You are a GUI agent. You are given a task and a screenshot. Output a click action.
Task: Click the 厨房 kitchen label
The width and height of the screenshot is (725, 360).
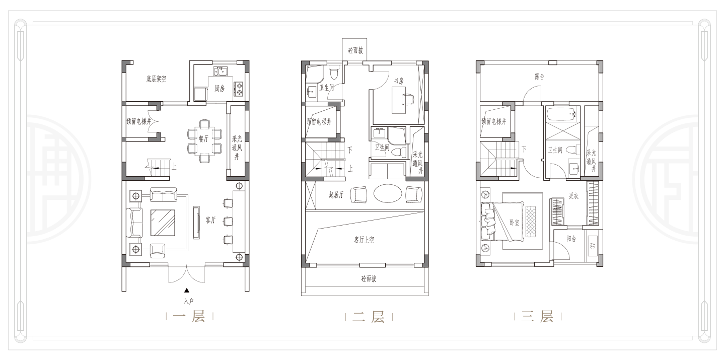[220, 88]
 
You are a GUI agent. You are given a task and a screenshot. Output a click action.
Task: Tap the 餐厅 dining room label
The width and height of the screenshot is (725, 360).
[203, 139]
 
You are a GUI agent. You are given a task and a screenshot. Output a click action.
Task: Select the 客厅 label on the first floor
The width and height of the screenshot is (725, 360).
[210, 220]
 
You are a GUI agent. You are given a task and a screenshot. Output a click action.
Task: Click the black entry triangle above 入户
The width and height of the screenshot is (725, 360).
[187, 291]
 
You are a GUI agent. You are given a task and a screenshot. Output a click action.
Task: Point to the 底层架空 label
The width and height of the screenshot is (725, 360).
[156, 79]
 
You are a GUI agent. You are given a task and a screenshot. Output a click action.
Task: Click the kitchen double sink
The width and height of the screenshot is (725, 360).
[221, 71]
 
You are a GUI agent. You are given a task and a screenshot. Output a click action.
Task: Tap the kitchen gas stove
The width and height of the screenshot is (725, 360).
[239, 89]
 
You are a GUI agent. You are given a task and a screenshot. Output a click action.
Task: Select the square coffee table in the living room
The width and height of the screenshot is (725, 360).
[163, 223]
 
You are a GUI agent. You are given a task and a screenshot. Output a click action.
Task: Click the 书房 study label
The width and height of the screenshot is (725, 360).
[399, 81]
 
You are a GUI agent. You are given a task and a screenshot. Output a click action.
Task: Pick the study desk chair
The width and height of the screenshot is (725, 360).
[408, 99]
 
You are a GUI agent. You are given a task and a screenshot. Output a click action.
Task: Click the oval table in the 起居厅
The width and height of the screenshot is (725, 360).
[388, 193]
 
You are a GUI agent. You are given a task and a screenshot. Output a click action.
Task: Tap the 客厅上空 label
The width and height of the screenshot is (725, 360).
[364, 240]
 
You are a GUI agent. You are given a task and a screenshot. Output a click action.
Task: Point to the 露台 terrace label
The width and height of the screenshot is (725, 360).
[539, 77]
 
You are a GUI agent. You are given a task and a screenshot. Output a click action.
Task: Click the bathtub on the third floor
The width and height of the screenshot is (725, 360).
[562, 114]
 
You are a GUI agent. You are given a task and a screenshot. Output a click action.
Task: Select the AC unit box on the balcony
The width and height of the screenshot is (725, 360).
[592, 246]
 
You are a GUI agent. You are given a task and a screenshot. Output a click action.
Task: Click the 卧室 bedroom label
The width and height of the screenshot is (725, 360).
[515, 223]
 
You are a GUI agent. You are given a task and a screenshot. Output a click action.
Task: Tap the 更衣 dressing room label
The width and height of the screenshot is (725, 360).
[573, 196]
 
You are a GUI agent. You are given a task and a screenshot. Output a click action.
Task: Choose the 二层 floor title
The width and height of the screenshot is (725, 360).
[369, 317]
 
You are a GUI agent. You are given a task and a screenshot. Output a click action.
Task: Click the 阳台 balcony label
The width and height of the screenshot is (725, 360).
[571, 239]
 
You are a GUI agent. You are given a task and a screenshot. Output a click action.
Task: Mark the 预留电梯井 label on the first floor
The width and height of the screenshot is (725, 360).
[139, 121]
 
